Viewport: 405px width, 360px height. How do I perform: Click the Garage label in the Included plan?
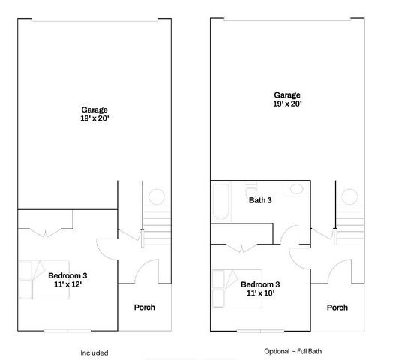pos(94,109)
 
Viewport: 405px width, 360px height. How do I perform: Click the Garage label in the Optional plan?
pos(286,95)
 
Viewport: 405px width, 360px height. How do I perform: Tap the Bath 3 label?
pos(259,200)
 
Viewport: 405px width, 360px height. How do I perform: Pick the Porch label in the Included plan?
pos(144,307)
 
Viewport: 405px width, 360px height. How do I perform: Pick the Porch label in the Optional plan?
pos(337,307)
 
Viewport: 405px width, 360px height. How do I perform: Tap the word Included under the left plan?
pos(94,352)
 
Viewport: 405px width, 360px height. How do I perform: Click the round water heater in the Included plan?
pos(156,198)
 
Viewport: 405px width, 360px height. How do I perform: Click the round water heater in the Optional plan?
pos(349,197)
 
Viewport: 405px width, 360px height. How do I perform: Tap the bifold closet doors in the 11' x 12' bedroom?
pos(45,234)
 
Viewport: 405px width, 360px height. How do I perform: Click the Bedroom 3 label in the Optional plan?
pos(260,284)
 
